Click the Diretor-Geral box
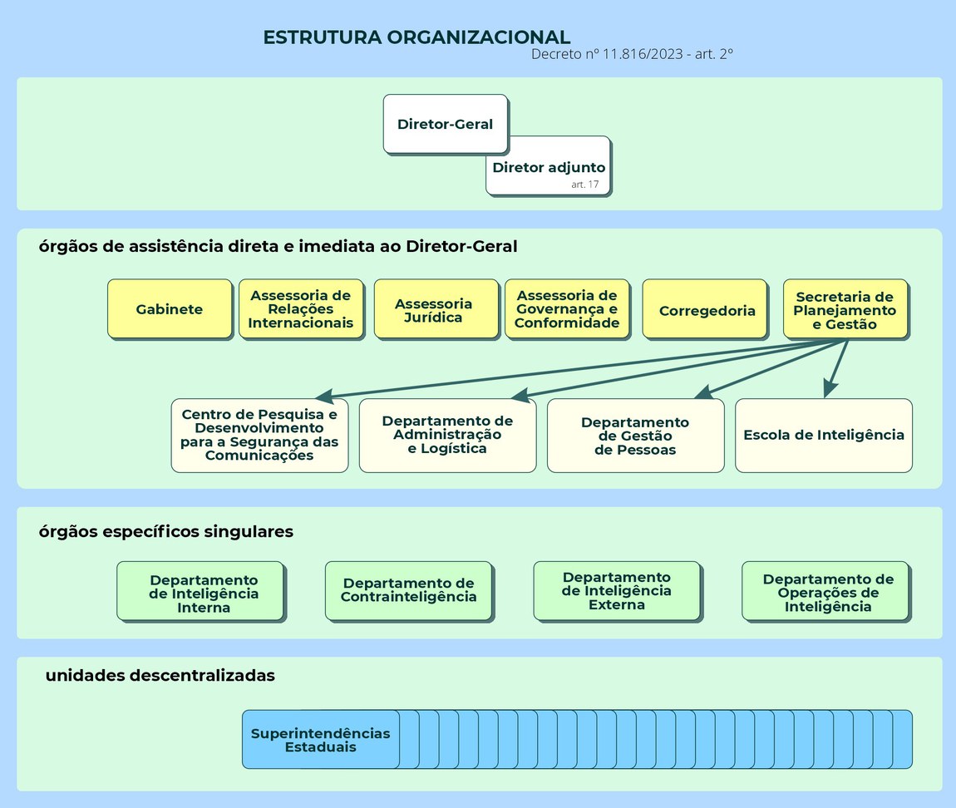point(445,124)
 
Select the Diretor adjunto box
point(549,167)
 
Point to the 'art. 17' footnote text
point(584,185)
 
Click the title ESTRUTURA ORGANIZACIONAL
point(416,37)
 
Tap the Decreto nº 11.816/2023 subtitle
point(631,54)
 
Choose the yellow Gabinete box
point(170,309)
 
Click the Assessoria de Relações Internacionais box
point(301,309)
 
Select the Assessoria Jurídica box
point(435,309)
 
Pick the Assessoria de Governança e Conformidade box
point(567,309)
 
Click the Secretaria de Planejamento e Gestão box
point(845,309)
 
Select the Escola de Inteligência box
point(823,435)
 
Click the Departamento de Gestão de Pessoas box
point(635,436)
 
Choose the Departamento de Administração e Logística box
point(447,435)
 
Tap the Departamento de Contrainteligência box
point(408,590)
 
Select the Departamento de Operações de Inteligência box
point(827,592)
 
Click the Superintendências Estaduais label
point(321,740)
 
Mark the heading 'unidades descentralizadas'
point(160,676)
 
